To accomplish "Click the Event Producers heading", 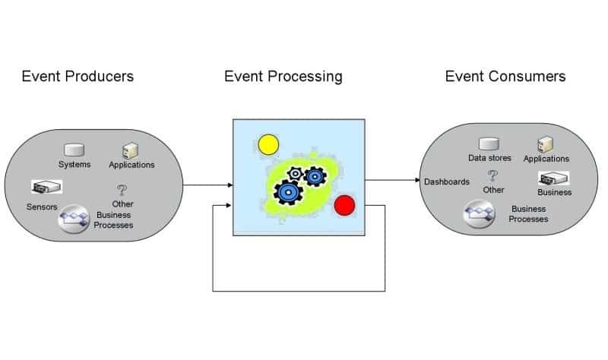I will point(78,76).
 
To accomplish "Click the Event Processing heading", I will point(283,76).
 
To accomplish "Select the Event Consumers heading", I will point(505,76).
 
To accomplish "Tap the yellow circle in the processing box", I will point(268,144).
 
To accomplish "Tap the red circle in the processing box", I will point(345,204).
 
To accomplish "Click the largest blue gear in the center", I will point(287,192).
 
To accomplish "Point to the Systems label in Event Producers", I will point(74,165).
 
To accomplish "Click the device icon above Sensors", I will point(46,187).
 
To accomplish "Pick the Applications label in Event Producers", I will point(131,165).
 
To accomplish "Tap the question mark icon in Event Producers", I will point(122,191).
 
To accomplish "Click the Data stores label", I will point(489,158).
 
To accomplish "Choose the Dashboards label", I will point(446,182).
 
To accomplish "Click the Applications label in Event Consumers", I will point(546,159).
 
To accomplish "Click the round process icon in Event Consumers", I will point(480,213).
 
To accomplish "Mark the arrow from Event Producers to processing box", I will point(207,185).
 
